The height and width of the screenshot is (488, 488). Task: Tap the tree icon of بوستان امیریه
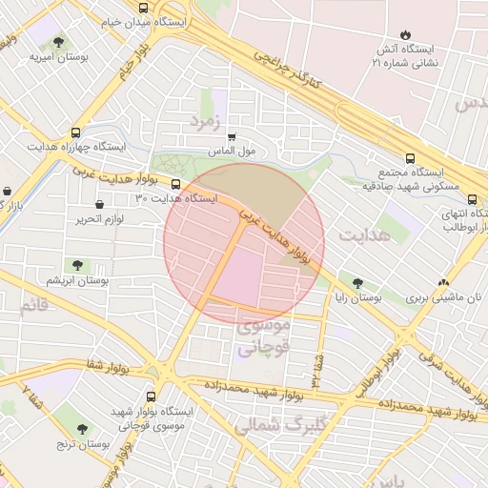point(59,42)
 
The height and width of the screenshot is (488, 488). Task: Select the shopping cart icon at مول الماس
point(232,136)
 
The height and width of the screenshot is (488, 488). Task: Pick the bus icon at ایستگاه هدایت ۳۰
point(176,183)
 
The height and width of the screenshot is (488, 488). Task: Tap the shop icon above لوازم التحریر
point(100,204)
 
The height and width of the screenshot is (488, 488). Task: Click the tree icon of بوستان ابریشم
point(77,266)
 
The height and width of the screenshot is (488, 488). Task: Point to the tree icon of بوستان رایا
point(357,283)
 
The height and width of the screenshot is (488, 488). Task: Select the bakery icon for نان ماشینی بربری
point(443,283)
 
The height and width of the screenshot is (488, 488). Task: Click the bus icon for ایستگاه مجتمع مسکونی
point(410,159)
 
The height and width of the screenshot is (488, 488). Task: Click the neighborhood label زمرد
point(205,121)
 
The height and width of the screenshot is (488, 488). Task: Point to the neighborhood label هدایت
point(364,234)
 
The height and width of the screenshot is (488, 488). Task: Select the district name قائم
point(33,305)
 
